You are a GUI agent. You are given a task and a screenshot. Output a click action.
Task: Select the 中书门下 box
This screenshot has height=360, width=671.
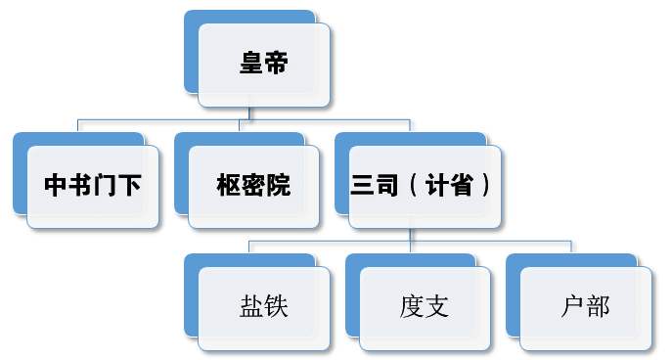(x=94, y=186)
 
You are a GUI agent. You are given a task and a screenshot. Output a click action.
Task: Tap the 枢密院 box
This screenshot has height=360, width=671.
(x=253, y=186)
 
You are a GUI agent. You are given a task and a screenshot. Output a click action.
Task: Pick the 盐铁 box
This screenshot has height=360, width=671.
(x=263, y=307)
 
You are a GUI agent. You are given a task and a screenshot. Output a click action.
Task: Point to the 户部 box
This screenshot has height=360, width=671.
(x=585, y=307)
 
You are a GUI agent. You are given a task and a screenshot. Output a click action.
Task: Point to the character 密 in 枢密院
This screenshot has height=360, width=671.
(x=253, y=186)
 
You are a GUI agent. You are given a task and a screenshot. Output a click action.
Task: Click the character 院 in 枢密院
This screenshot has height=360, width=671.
(x=279, y=186)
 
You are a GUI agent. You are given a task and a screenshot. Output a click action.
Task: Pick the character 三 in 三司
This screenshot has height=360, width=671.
(x=363, y=186)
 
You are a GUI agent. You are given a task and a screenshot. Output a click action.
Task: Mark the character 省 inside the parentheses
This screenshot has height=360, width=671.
(x=462, y=186)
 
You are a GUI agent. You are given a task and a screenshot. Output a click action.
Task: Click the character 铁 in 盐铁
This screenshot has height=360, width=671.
(x=276, y=307)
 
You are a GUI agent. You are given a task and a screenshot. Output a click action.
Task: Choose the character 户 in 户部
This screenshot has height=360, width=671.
(x=573, y=307)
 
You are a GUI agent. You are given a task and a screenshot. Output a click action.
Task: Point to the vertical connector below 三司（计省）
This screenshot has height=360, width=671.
(x=410, y=234)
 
